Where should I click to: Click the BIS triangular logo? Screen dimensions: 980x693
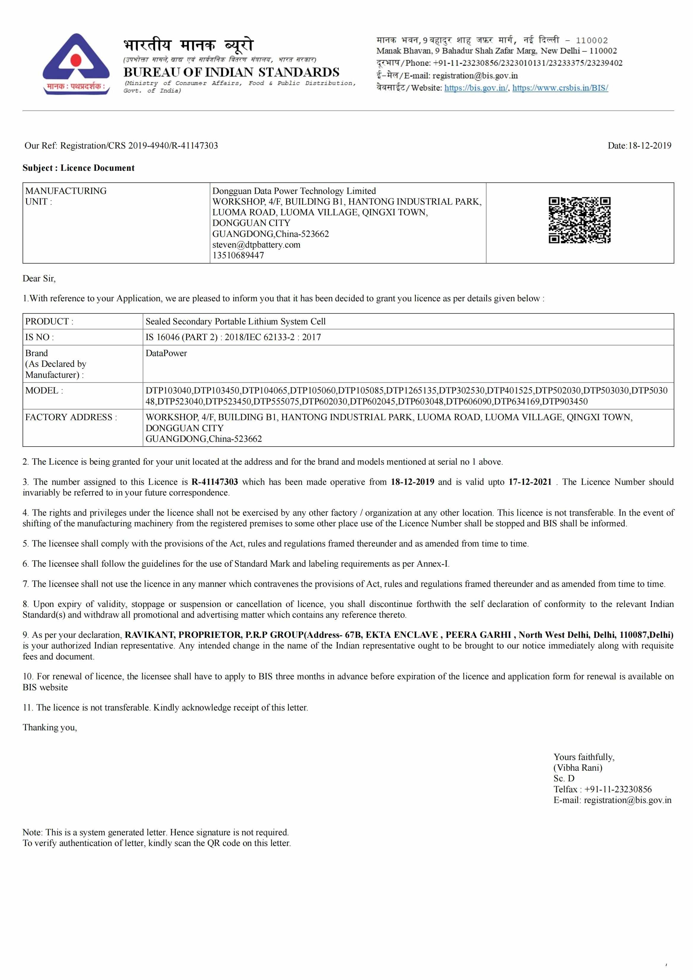(76, 64)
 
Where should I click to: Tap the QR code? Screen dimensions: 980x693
(579, 220)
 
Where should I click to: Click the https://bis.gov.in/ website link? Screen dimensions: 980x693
(476, 88)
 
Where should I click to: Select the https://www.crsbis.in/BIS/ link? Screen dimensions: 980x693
(560, 88)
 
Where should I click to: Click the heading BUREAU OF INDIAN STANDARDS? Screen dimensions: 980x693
(231, 72)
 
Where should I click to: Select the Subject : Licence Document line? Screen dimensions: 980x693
(79, 168)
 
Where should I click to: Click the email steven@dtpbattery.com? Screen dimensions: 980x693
(256, 245)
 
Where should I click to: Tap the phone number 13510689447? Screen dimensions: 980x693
(238, 255)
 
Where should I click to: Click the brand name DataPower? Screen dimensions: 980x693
(166, 353)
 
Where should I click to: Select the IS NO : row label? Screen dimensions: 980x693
(39, 337)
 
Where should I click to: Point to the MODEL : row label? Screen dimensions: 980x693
(44, 391)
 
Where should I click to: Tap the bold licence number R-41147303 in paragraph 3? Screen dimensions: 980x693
(214, 482)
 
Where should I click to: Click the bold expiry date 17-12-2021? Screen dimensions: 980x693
(530, 482)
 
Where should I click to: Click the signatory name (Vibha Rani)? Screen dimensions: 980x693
(578, 767)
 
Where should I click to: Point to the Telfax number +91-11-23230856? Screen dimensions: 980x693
(618, 789)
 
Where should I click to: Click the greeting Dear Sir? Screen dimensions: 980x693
(39, 278)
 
